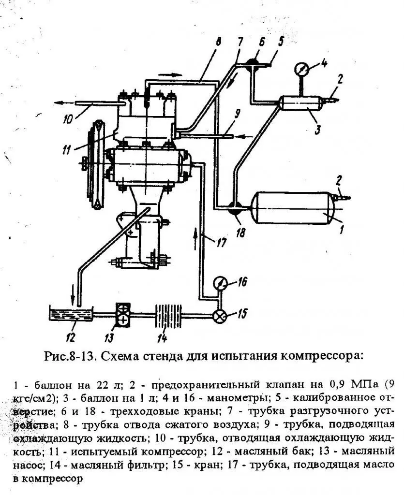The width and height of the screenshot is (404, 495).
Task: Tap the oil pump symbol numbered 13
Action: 122,315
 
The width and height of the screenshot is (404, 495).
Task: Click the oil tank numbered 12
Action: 71,314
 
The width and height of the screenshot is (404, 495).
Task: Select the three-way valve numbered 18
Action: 235,208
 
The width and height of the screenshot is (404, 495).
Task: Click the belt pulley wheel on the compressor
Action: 97,164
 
